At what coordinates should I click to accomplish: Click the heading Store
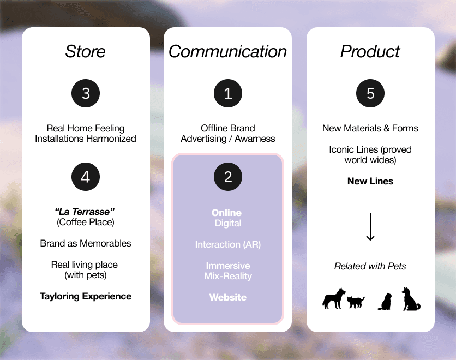click(86, 51)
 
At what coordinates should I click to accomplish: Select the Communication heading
click(227, 51)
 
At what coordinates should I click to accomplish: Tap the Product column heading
click(370, 51)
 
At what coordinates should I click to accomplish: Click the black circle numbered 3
click(86, 93)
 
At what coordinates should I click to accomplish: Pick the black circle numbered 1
click(228, 93)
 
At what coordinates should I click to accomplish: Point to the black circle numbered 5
click(370, 93)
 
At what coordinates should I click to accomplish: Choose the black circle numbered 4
click(86, 176)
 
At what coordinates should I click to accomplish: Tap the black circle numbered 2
click(228, 176)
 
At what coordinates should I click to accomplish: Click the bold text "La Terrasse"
click(86, 212)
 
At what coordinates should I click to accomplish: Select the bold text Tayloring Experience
click(86, 297)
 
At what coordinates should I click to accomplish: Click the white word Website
click(228, 297)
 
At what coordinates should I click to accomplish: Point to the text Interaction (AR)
click(228, 244)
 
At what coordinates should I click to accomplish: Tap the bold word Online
click(226, 213)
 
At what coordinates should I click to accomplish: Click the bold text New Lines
click(370, 181)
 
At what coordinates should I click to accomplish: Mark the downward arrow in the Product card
click(370, 226)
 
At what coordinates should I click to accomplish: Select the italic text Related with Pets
click(370, 266)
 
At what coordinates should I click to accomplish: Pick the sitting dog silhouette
click(411, 299)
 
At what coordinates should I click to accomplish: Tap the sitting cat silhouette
click(385, 301)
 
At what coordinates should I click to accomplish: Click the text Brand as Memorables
click(86, 243)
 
